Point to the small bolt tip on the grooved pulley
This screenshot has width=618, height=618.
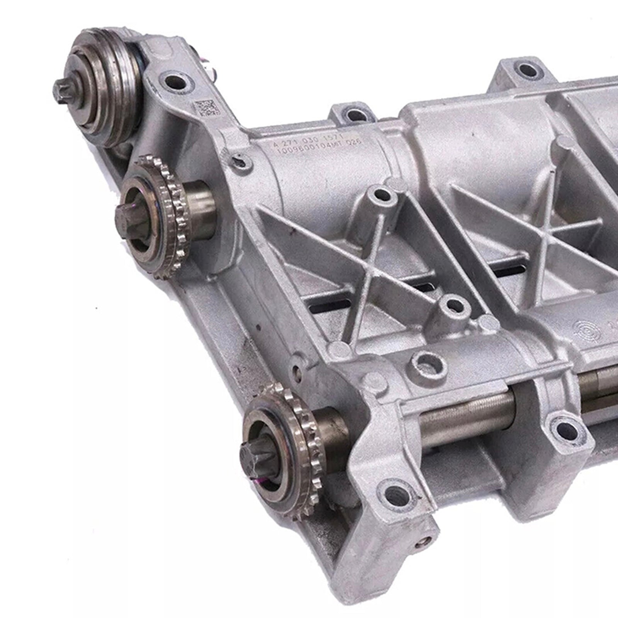pyautogui.click(x=60, y=91)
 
